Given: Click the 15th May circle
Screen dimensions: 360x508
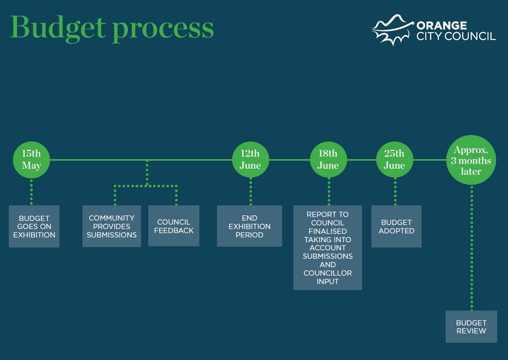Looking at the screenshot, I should click(x=31, y=160).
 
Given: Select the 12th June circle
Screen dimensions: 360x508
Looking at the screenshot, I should click(x=250, y=160).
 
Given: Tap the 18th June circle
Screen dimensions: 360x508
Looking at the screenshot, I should click(x=328, y=160).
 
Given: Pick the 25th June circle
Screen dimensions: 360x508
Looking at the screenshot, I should click(x=394, y=160).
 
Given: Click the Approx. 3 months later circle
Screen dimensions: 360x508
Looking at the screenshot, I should click(x=471, y=160).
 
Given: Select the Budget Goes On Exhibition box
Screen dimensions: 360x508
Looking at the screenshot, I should click(x=34, y=226).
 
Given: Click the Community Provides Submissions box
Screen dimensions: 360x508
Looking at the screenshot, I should click(x=111, y=226).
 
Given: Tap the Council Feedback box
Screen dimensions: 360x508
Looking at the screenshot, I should click(x=174, y=226).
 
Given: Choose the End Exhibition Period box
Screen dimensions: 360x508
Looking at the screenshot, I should click(x=249, y=226).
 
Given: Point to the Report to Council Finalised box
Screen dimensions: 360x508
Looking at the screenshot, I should click(x=328, y=247).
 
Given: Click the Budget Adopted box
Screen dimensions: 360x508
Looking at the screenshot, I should click(x=396, y=226).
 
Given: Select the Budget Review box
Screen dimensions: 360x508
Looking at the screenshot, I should click(x=471, y=327).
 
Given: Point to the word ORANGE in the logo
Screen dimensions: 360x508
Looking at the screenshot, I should click(x=442, y=26).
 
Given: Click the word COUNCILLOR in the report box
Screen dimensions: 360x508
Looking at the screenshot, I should click(x=328, y=273).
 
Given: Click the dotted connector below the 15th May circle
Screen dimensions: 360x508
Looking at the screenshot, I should click(x=31, y=192).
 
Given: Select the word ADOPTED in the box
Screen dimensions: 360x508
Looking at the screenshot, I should click(x=396, y=231).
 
